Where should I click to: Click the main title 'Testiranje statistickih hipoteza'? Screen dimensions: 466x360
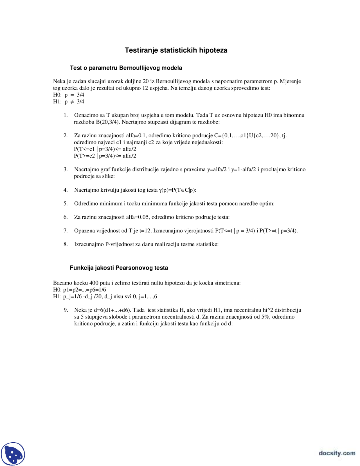click(x=176, y=50)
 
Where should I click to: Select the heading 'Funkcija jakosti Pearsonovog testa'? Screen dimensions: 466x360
click(x=119, y=268)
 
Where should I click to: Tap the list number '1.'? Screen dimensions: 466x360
click(x=66, y=115)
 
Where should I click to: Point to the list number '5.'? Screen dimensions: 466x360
click(x=66, y=203)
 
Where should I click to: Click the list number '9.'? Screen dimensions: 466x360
click(x=66, y=310)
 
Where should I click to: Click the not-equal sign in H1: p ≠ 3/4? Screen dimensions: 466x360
click(x=72, y=102)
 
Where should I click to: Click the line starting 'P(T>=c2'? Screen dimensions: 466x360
click(x=105, y=156)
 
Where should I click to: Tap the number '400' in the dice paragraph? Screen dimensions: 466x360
click(x=94, y=283)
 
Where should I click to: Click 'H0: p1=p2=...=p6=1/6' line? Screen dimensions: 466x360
click(x=80, y=290)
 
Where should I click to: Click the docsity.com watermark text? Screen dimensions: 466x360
click(x=337, y=453)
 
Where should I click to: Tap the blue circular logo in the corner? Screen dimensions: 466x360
click(x=13, y=454)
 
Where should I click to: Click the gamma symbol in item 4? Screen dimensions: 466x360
click(x=160, y=190)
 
